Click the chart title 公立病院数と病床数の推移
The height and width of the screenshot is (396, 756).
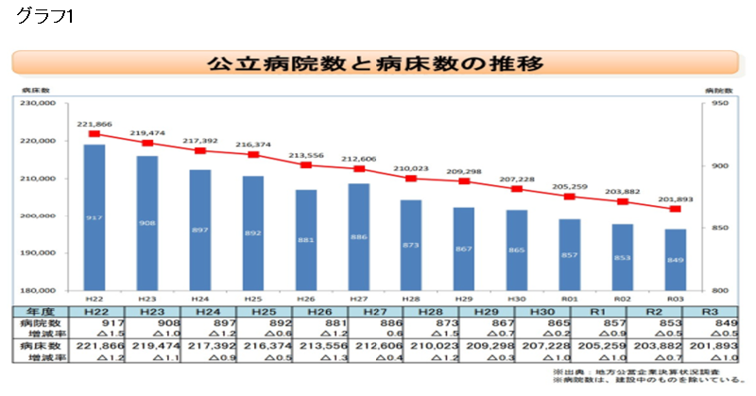[x=376, y=64]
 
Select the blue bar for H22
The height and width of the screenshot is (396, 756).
[x=94, y=217]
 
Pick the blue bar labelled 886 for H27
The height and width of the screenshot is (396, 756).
[x=358, y=236]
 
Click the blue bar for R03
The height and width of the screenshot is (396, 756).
[x=675, y=260]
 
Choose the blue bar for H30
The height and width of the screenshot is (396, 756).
[x=516, y=250]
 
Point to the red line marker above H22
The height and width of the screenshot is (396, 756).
[x=94, y=134]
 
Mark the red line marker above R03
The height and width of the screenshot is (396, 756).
[x=675, y=209]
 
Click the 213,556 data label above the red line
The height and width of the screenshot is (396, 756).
[x=305, y=155]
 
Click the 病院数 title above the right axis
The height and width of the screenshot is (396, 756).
[x=718, y=89]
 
